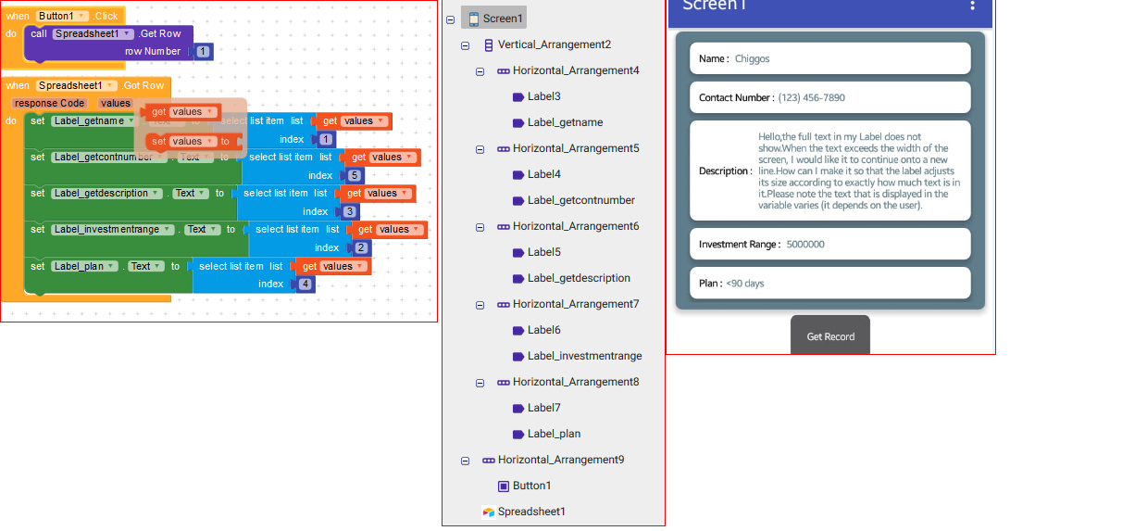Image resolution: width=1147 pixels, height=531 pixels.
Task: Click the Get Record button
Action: point(830,335)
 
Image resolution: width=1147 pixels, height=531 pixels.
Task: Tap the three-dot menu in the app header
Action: point(972,6)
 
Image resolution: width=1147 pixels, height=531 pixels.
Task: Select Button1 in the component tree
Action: point(531,486)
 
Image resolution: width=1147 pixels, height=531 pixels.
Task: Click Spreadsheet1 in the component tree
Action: point(531,512)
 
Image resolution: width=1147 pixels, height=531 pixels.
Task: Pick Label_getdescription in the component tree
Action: point(579,278)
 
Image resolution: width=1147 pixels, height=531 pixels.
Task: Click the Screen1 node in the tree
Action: point(502,19)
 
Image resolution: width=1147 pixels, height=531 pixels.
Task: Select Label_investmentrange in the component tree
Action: point(584,356)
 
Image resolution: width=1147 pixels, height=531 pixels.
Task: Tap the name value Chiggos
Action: point(753,58)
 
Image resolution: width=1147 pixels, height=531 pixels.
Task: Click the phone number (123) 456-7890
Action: point(811,97)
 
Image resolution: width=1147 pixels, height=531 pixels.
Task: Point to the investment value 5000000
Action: point(805,244)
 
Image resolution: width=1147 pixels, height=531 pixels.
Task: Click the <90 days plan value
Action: point(745,283)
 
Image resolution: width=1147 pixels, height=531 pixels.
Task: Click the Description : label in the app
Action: point(726,171)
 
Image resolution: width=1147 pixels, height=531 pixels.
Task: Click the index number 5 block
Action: point(355,175)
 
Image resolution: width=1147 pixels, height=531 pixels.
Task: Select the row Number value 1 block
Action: point(203,52)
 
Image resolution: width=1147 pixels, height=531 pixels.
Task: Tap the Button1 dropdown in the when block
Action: point(63,16)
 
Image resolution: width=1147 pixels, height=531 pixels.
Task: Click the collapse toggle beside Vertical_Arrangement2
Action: point(465,44)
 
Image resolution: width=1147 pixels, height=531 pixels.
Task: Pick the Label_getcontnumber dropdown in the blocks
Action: point(109,157)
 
